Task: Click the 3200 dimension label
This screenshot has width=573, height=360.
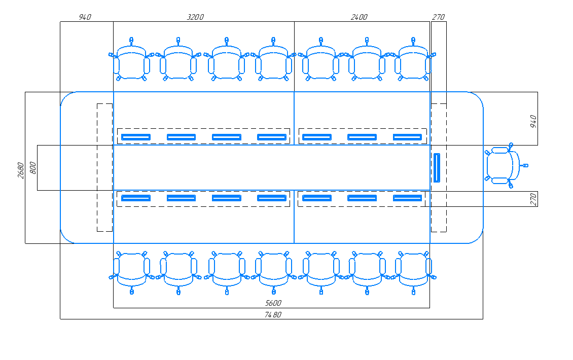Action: pos(195,17)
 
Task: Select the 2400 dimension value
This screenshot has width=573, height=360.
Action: pos(359,17)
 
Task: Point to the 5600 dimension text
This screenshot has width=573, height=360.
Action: pos(273,303)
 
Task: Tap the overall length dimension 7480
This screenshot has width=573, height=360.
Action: pos(273,315)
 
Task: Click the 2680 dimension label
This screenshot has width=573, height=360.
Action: pos(21,170)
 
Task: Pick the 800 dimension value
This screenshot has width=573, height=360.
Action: pos(32,168)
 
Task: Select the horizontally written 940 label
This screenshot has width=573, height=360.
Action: pos(85,17)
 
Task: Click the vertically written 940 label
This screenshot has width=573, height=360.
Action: pos(533,121)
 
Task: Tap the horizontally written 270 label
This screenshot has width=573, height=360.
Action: pos(438,17)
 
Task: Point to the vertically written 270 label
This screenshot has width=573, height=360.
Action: pos(533,199)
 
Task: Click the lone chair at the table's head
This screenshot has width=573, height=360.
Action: pos(506,166)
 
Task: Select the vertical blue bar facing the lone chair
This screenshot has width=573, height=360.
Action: pos(437,168)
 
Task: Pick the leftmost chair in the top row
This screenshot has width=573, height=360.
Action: pos(131,59)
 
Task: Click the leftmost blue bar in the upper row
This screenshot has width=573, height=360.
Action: pos(136,137)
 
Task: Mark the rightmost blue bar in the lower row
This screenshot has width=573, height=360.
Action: pos(408,198)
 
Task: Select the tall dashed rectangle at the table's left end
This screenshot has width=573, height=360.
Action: pos(104,167)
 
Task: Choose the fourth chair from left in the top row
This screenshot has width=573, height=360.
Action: pos(273,59)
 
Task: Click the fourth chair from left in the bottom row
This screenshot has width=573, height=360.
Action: pos(274,273)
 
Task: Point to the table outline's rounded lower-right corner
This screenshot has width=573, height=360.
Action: pos(478,238)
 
